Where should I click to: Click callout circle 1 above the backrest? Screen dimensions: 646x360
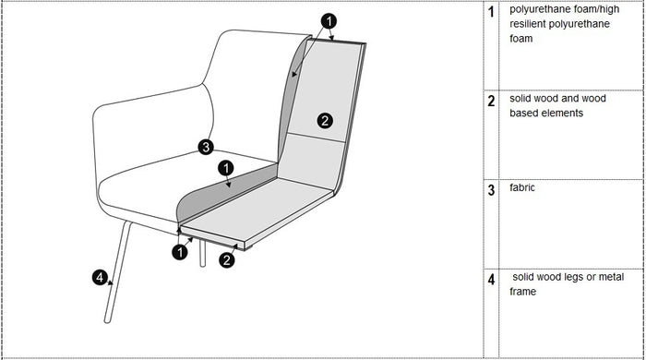(329, 21)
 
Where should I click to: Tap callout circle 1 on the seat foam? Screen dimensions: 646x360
(226, 168)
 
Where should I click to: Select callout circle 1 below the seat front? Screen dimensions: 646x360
(180, 252)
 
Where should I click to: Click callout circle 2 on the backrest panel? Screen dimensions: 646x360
(325, 121)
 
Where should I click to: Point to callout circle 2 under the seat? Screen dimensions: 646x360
(227, 260)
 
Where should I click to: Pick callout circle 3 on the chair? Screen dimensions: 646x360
(206, 147)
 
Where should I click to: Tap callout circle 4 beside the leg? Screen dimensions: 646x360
(100, 277)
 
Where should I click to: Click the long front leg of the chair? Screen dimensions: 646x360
(118, 272)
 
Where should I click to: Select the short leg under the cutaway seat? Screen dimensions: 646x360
(202, 253)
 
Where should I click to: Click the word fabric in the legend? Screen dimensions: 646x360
(522, 187)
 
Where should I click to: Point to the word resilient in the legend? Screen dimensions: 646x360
(530, 24)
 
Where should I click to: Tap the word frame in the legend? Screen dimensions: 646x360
(523, 292)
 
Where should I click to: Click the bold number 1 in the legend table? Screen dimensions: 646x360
(491, 12)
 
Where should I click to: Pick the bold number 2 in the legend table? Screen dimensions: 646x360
(491, 101)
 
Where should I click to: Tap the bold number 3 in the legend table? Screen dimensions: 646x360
(491, 190)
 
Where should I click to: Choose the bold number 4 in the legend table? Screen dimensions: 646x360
(491, 280)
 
